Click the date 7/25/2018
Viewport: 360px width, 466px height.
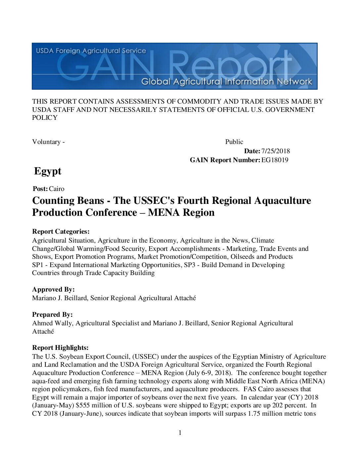click(x=275, y=151)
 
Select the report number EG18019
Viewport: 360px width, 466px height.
click(x=275, y=160)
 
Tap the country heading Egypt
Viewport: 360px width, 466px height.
click(x=48, y=171)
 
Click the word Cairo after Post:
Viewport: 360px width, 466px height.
click(x=57, y=189)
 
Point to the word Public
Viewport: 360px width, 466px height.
click(x=234, y=142)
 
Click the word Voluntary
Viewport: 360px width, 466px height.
click(x=46, y=142)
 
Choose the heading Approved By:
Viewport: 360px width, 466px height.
click(x=53, y=290)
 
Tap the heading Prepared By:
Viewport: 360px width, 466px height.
click(x=52, y=315)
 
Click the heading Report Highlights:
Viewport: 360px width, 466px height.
click(x=60, y=348)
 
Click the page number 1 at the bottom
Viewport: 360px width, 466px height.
click(x=180, y=433)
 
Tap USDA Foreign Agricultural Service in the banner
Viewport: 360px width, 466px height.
click(x=91, y=51)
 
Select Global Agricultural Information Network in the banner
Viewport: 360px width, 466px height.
click(x=227, y=81)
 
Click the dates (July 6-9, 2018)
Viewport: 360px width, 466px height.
click(x=208, y=373)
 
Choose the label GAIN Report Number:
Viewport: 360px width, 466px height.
click(x=225, y=160)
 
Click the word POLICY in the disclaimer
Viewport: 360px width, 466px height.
click(x=45, y=118)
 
